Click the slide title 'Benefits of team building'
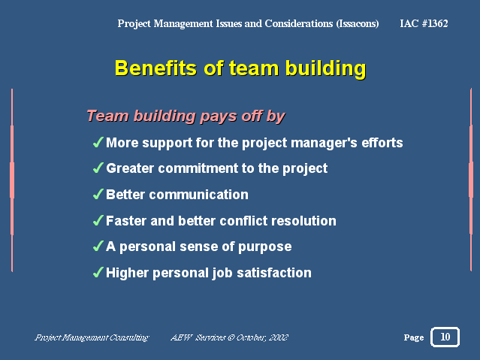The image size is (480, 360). tap(240, 68)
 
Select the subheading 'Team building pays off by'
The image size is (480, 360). tap(186, 116)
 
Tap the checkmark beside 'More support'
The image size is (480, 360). tap(98, 143)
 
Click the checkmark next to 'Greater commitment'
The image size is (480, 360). tap(98, 168)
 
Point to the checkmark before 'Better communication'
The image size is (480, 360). tap(98, 195)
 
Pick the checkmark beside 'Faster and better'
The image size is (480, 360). tap(98, 221)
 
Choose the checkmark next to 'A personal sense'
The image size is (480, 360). tap(98, 247)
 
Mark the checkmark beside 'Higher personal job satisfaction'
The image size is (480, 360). tap(98, 273)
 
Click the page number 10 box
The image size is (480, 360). tap(445, 337)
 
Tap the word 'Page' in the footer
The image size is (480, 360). tap(414, 338)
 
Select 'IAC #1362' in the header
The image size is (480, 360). tap(424, 23)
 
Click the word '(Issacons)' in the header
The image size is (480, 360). tap(358, 23)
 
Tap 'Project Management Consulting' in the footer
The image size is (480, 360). tap(92, 338)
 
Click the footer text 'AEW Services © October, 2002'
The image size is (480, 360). tap(230, 338)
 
